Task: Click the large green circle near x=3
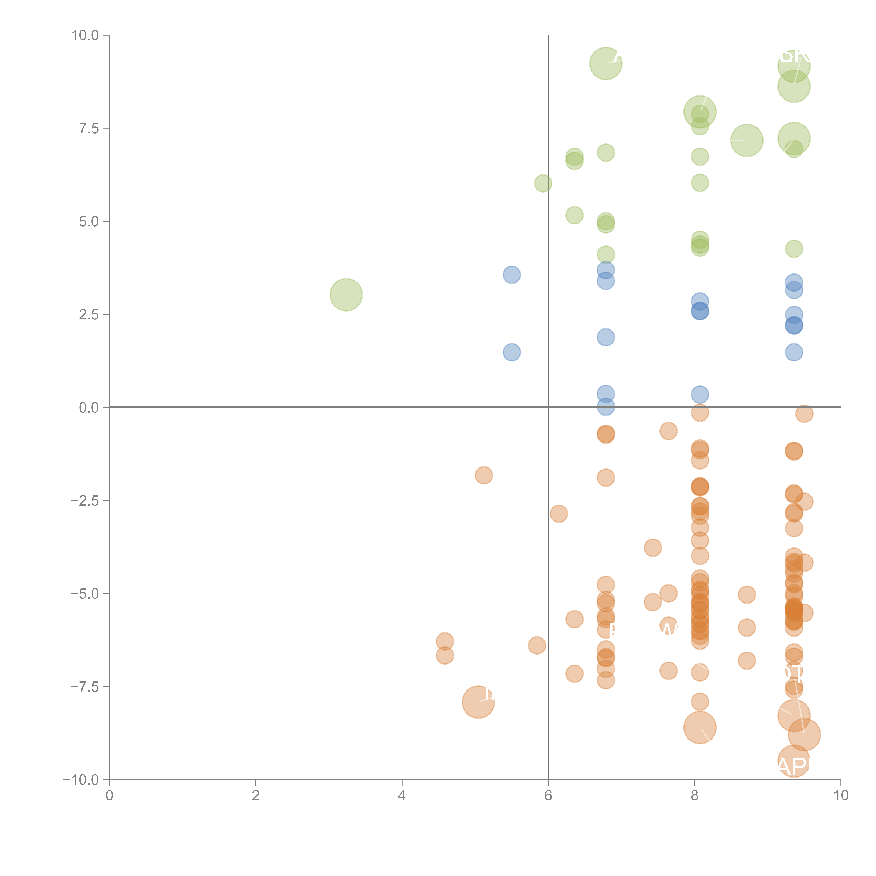tap(346, 295)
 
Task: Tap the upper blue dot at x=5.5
tap(511, 275)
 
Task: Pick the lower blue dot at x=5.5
tap(511, 352)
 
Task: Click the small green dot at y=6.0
tap(543, 183)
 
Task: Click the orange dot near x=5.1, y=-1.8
tap(484, 475)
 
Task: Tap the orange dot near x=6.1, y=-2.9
tap(559, 514)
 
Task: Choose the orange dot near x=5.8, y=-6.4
tap(536, 645)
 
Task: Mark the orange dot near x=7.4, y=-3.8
tap(652, 548)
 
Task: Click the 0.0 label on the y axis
tap(89, 408)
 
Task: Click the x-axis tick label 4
tap(402, 796)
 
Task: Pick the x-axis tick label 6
tap(548, 796)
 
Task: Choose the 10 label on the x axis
tap(841, 796)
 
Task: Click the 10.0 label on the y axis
tap(85, 35)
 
